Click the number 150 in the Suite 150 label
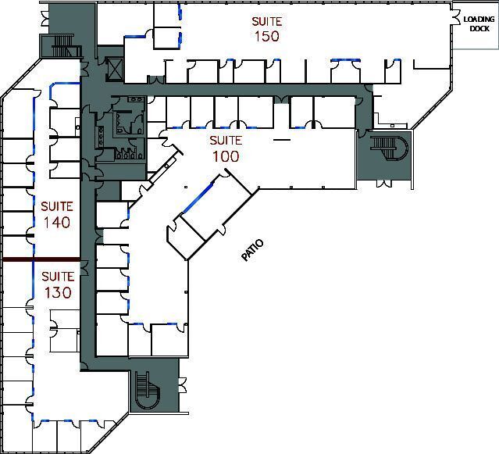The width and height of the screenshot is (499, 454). click(x=266, y=36)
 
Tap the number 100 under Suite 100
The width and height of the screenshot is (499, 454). click(x=225, y=156)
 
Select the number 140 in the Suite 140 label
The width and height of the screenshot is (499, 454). click(x=57, y=223)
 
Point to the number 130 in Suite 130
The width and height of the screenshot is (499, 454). click(x=57, y=293)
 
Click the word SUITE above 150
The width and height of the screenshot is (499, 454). click(x=266, y=20)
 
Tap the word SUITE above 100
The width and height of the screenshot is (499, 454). click(x=225, y=141)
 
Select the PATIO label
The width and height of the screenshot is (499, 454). click(x=252, y=250)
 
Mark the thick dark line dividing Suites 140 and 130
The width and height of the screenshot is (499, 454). click(x=41, y=259)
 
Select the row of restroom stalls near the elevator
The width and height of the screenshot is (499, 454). click(x=125, y=153)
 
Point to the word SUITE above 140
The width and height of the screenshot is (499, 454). click(x=57, y=207)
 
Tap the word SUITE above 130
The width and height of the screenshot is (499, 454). click(x=57, y=277)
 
